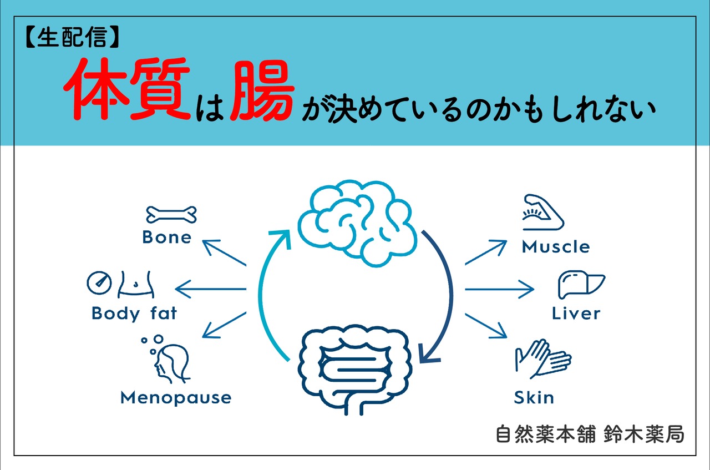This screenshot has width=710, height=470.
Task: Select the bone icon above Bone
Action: (x=171, y=214)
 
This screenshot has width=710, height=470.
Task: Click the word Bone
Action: (x=166, y=237)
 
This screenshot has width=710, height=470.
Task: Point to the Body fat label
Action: (x=134, y=314)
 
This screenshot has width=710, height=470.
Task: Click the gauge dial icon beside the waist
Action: (x=99, y=283)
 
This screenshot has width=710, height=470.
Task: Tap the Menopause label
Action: (x=175, y=397)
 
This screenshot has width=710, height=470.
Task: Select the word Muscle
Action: (x=556, y=247)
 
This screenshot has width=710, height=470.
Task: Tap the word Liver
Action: (x=576, y=314)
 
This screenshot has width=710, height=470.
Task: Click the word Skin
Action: (x=534, y=397)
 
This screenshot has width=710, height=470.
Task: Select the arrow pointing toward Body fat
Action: (x=211, y=289)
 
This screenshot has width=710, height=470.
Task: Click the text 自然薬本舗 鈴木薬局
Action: (x=590, y=434)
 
